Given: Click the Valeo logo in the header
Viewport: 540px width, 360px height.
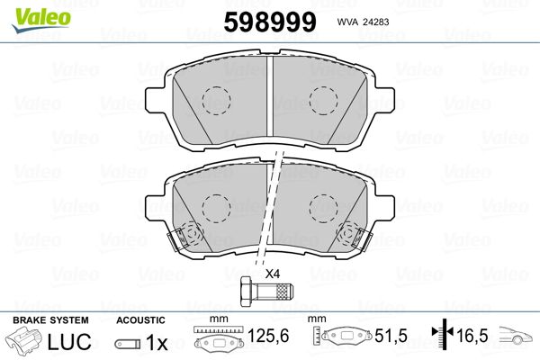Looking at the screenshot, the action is [x=41, y=20].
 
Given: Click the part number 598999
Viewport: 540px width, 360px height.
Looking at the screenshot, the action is [x=270, y=22].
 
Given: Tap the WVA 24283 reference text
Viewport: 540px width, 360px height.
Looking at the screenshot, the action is [x=363, y=22].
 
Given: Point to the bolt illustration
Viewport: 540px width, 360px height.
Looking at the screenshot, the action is [x=266, y=292].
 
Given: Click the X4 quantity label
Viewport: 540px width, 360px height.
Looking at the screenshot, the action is [x=273, y=274].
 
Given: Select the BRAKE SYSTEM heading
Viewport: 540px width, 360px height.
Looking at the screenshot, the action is [x=50, y=320].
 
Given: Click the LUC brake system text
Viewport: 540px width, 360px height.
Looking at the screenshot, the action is [x=69, y=341].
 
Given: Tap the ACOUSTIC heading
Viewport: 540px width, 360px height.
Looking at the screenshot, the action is [x=140, y=320].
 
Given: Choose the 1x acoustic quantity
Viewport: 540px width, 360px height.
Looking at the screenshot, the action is [x=157, y=342].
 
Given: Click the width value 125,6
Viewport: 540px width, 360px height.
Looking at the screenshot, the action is [x=268, y=336].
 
